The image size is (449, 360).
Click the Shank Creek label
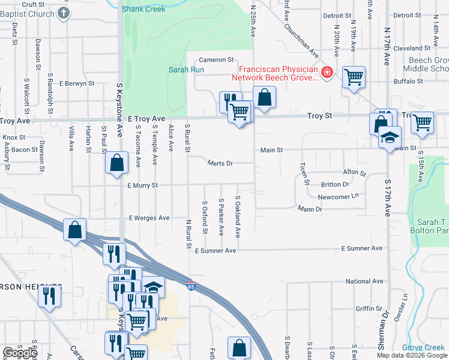pyautogui.click(x=143, y=9)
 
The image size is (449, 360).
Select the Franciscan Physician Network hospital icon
pyautogui.click(x=327, y=73)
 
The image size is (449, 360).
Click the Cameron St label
pyautogui.click(x=216, y=60)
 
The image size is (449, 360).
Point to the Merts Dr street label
pyautogui.click(x=220, y=163)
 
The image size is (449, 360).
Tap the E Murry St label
pyautogui.click(x=142, y=186)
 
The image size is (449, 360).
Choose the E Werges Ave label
pyautogui.click(x=148, y=218)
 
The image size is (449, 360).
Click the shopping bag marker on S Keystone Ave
pyautogui.click(x=116, y=162)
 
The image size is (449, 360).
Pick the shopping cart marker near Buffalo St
pyautogui.click(x=354, y=76)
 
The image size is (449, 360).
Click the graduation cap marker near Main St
pyautogui.click(x=390, y=137)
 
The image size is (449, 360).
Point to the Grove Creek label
pyautogui.click(x=423, y=347)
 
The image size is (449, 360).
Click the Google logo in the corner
pyautogui.click(x=20, y=352)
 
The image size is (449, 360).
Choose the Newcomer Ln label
pyautogui.click(x=338, y=196)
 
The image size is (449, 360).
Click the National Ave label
pyautogui.click(x=364, y=281)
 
